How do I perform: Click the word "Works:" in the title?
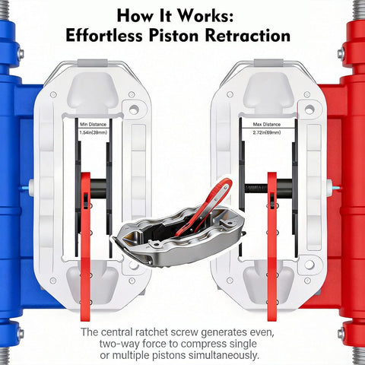tap(205, 16)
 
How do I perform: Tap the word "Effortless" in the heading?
tap(104, 36)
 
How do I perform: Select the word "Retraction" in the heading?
tap(248, 36)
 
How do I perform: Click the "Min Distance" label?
tap(93, 125)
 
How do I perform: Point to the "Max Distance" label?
tap(267, 124)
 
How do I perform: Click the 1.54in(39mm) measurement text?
tap(93, 132)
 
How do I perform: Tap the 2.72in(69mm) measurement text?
tap(267, 132)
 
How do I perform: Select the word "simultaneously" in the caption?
tap(224, 355)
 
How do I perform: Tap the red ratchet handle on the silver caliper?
tap(204, 206)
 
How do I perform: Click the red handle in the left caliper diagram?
tap(85, 246)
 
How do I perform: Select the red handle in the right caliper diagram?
tap(272, 246)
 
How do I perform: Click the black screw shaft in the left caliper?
tap(98, 189)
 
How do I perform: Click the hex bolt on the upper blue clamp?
tap(21, 54)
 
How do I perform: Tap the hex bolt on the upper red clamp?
tap(341, 54)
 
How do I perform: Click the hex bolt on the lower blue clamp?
tap(21, 333)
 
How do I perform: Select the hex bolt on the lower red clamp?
tap(341, 333)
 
